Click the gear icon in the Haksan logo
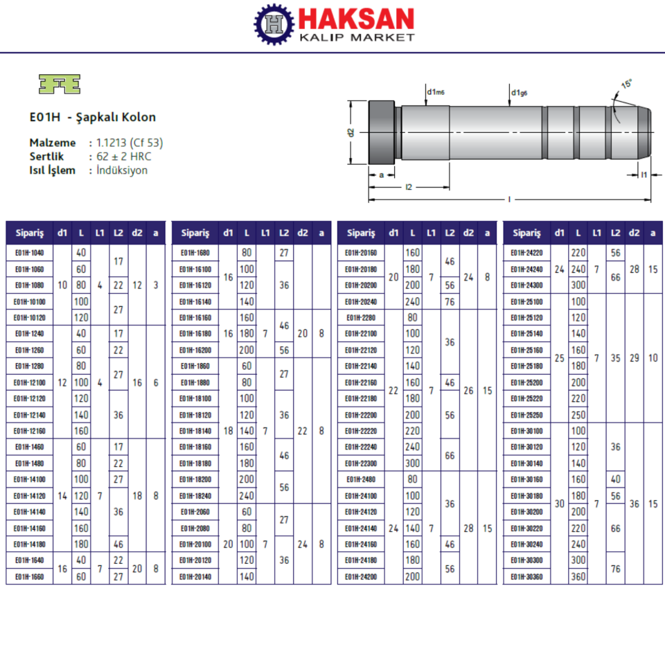point(275,25)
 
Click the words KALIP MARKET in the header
point(356,37)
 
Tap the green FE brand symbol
point(59,84)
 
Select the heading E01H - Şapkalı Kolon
point(92,117)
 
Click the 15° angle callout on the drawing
point(626,84)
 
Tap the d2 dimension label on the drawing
point(351,132)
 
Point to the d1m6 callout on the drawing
point(436,91)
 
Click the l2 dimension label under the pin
point(409,187)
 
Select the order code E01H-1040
point(29,253)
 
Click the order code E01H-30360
point(526,576)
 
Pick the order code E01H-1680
point(195,253)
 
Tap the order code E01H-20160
point(360,253)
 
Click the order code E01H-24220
point(526,253)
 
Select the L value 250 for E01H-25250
point(578,415)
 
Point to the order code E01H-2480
point(360,479)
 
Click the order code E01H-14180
point(29,544)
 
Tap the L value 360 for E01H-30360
point(578,576)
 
